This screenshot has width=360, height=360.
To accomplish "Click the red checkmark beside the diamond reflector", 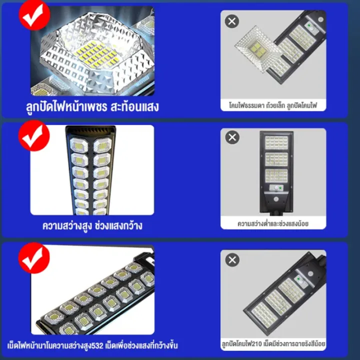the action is tap(34, 15).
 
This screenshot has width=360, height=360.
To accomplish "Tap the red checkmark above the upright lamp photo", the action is tap(34, 135).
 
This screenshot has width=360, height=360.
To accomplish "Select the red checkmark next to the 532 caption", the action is tap(34, 258).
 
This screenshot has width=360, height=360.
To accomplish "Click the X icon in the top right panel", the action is tap(232, 21).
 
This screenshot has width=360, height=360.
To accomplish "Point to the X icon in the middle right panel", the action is tap(232, 137).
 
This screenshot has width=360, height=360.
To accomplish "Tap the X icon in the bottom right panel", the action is tap(232, 260).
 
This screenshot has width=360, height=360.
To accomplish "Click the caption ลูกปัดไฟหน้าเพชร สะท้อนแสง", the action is tap(92, 107).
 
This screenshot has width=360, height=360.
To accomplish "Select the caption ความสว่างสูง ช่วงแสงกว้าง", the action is tap(92, 225).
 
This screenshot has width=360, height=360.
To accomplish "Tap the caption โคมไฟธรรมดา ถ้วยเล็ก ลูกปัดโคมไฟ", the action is tap(273, 105).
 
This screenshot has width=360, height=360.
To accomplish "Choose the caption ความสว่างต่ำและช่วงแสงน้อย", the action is tap(273, 223).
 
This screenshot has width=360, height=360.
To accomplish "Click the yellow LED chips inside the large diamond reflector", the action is tap(97, 54).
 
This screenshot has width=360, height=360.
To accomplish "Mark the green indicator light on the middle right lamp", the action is tap(280, 188).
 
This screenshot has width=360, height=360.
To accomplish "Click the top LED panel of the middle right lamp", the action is tap(276, 142).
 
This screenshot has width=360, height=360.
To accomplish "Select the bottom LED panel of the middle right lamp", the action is tap(276, 175).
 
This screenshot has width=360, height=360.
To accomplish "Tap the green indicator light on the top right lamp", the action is tap(309, 25).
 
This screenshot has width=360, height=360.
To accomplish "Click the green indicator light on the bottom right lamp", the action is tap(298, 279).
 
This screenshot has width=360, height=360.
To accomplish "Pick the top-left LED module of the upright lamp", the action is tap(79, 145).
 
